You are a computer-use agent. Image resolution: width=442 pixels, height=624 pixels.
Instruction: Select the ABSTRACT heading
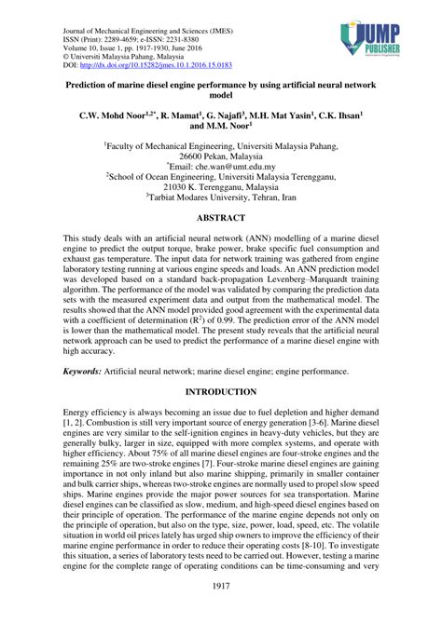[220, 218]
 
